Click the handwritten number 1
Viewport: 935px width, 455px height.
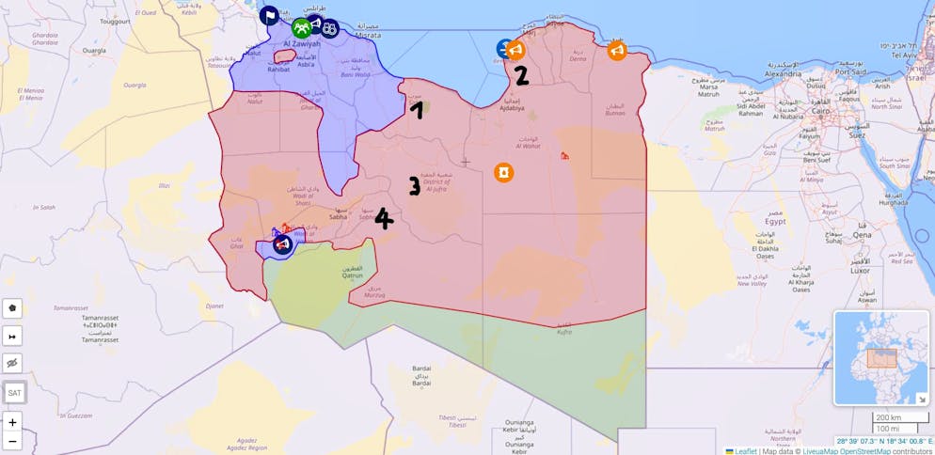(x=416, y=110)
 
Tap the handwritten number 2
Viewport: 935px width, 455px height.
(x=521, y=75)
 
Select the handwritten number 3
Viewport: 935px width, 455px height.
(x=414, y=185)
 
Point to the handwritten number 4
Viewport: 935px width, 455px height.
(x=383, y=219)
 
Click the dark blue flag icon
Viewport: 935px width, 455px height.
(x=269, y=15)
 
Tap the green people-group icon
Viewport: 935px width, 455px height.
(x=301, y=27)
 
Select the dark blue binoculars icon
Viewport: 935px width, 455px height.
(x=329, y=28)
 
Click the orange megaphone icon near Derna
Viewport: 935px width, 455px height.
(x=617, y=51)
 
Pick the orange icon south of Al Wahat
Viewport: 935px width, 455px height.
(x=504, y=173)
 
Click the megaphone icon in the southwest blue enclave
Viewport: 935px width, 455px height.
(x=281, y=245)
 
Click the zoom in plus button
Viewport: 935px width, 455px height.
(x=12, y=422)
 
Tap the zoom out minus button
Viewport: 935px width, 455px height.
(x=12, y=441)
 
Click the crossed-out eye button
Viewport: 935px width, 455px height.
(x=12, y=364)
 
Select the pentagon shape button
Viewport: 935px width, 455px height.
(x=12, y=307)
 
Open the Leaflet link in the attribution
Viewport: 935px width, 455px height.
(x=747, y=451)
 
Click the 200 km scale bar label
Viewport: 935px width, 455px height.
(x=888, y=417)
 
